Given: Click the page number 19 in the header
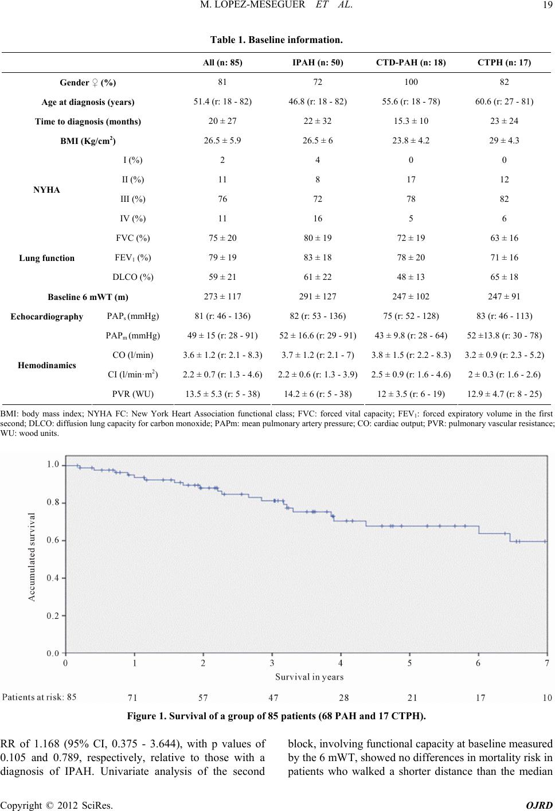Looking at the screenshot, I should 544,7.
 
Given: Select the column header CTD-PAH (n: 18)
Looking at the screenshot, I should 412,61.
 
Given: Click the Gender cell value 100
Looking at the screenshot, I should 412,82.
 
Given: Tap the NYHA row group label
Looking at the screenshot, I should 47,189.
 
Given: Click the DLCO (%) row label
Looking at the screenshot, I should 134,277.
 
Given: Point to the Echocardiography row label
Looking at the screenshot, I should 47,316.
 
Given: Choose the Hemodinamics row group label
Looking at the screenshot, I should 47,365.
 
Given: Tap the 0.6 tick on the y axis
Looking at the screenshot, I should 53,540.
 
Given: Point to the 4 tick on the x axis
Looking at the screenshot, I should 341,663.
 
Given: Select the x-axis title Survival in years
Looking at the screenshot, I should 310,677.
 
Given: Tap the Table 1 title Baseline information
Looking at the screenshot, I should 277,40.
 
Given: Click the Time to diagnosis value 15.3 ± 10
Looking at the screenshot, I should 412,121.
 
